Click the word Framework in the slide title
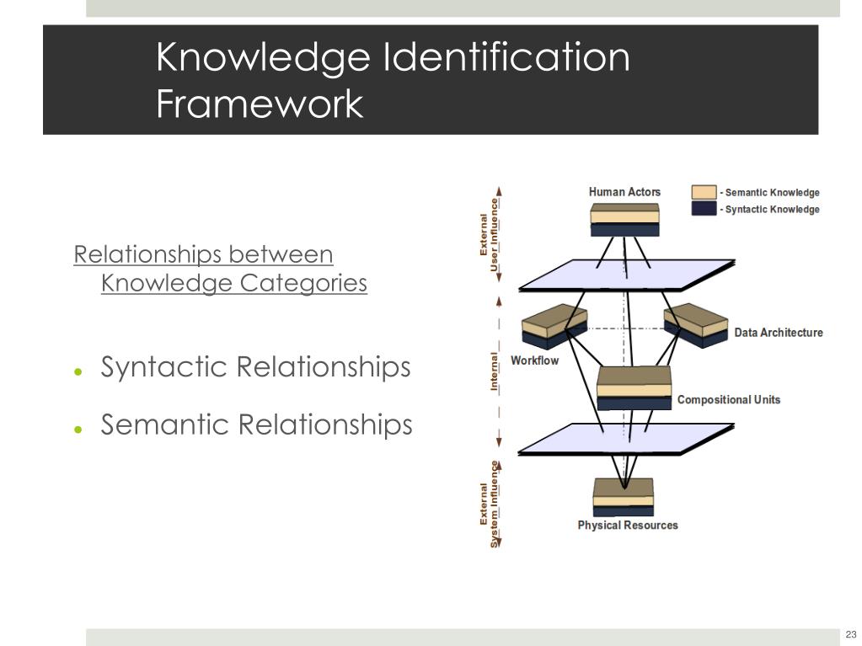click(x=260, y=104)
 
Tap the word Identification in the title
click(x=506, y=58)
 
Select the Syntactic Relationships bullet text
click(x=255, y=367)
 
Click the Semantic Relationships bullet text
click(x=256, y=424)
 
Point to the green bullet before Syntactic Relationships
click(x=78, y=371)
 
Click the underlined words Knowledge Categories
click(x=234, y=283)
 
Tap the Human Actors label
click(x=624, y=192)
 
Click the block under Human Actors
click(x=624, y=219)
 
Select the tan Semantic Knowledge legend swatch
click(x=704, y=192)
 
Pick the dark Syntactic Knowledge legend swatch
click(x=704, y=208)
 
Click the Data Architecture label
click(x=778, y=333)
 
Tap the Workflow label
click(x=534, y=360)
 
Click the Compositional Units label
click(x=729, y=399)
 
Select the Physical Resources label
click(x=627, y=525)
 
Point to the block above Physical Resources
click(x=624, y=497)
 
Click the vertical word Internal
click(x=495, y=371)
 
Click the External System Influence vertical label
click(x=490, y=504)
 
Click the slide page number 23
click(x=850, y=634)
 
